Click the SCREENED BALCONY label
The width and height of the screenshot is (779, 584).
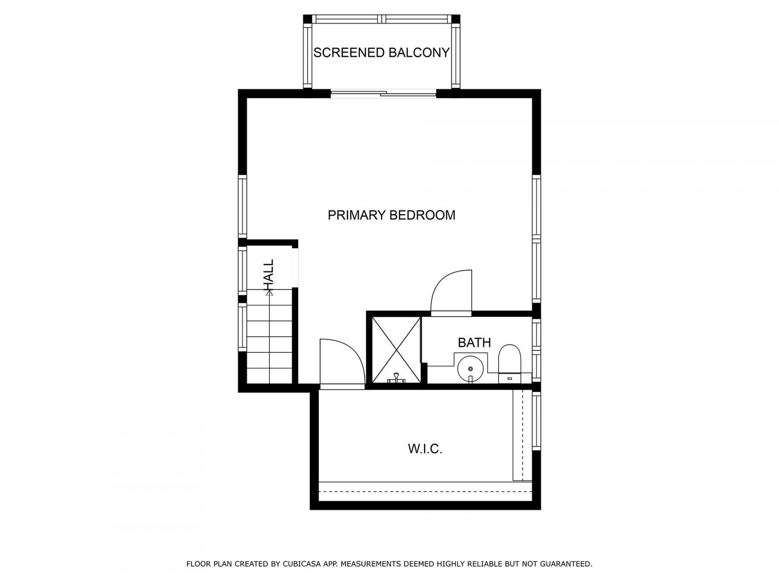pos(381,53)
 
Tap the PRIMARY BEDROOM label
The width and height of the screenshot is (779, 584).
pos(391,215)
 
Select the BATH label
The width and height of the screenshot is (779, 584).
pos(474,343)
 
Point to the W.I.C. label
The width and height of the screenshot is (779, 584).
pos(425,449)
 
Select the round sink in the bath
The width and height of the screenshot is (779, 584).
pos(470,367)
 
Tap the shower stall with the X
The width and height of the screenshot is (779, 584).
pos(396,349)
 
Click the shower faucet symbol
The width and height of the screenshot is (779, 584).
pos(397,378)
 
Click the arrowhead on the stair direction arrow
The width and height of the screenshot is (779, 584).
pos(269,292)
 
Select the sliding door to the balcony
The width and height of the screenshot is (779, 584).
pos(383,94)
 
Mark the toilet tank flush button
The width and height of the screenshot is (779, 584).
pos(510,378)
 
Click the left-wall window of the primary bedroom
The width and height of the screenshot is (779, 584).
pos(242,207)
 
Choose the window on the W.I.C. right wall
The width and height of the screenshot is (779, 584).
pos(537,421)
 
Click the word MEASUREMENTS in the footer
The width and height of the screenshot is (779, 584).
pos(371,565)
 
